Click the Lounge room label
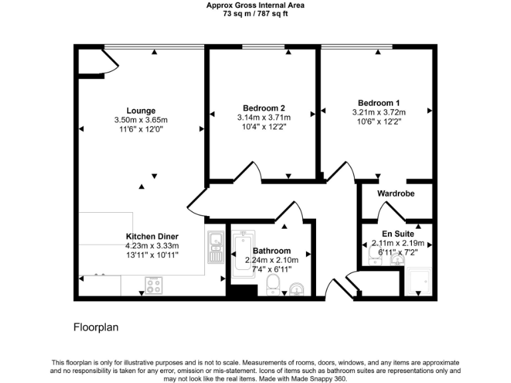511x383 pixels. point(141,111)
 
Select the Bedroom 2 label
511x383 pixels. point(264,108)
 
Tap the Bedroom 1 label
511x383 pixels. point(379,103)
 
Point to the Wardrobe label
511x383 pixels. point(396,193)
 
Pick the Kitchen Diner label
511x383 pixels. point(152,236)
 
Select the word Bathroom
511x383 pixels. point(271,251)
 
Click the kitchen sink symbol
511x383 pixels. point(216,247)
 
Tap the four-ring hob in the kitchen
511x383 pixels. point(154,286)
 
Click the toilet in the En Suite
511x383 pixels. point(373,254)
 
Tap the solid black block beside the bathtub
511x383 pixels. point(243,291)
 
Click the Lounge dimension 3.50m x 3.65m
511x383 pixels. point(141,120)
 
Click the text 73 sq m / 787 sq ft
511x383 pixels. point(255,12)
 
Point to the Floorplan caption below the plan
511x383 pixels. point(95,328)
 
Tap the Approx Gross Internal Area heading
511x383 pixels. point(255,4)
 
